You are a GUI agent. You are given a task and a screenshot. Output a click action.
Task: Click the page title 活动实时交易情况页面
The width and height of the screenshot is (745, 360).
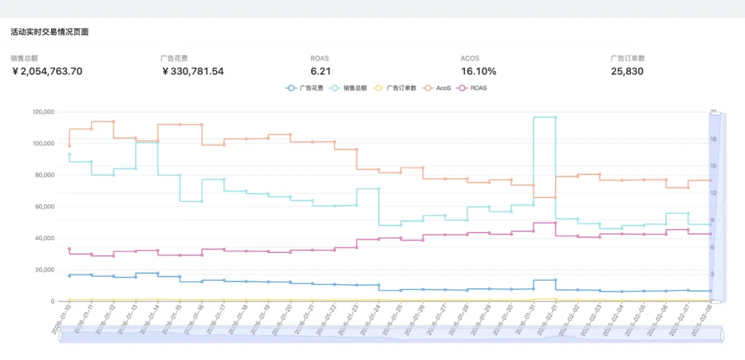[50, 32]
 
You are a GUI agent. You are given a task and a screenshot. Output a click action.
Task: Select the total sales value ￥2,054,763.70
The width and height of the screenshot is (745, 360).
[48, 71]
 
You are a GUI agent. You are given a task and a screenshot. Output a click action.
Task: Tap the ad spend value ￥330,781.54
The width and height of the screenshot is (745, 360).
[192, 71]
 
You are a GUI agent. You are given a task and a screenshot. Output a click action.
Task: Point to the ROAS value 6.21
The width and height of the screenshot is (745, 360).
[321, 71]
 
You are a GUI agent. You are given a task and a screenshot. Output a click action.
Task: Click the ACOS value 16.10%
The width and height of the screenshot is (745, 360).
[479, 71]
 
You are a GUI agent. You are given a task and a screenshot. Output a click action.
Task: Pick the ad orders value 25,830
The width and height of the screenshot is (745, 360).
[627, 71]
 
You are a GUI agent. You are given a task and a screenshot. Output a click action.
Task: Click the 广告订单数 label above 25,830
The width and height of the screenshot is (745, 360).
[628, 59]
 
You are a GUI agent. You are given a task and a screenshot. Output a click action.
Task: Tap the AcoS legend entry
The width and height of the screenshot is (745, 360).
[438, 88]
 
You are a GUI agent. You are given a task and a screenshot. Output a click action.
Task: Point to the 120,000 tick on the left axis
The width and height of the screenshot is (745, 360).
[43, 112]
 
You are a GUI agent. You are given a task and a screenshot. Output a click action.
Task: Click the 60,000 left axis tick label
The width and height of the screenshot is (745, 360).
[46, 207]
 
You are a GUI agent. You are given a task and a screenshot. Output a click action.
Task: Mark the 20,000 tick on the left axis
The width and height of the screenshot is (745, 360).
[46, 270]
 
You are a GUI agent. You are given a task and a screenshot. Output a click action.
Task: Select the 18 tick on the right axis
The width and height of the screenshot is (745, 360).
[713, 139]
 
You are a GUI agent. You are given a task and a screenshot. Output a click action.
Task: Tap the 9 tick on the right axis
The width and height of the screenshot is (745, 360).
[712, 220]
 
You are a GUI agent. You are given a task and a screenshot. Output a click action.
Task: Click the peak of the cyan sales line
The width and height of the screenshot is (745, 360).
[544, 117]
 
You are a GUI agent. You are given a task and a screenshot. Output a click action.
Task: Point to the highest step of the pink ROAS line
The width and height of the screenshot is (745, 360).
[544, 223]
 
